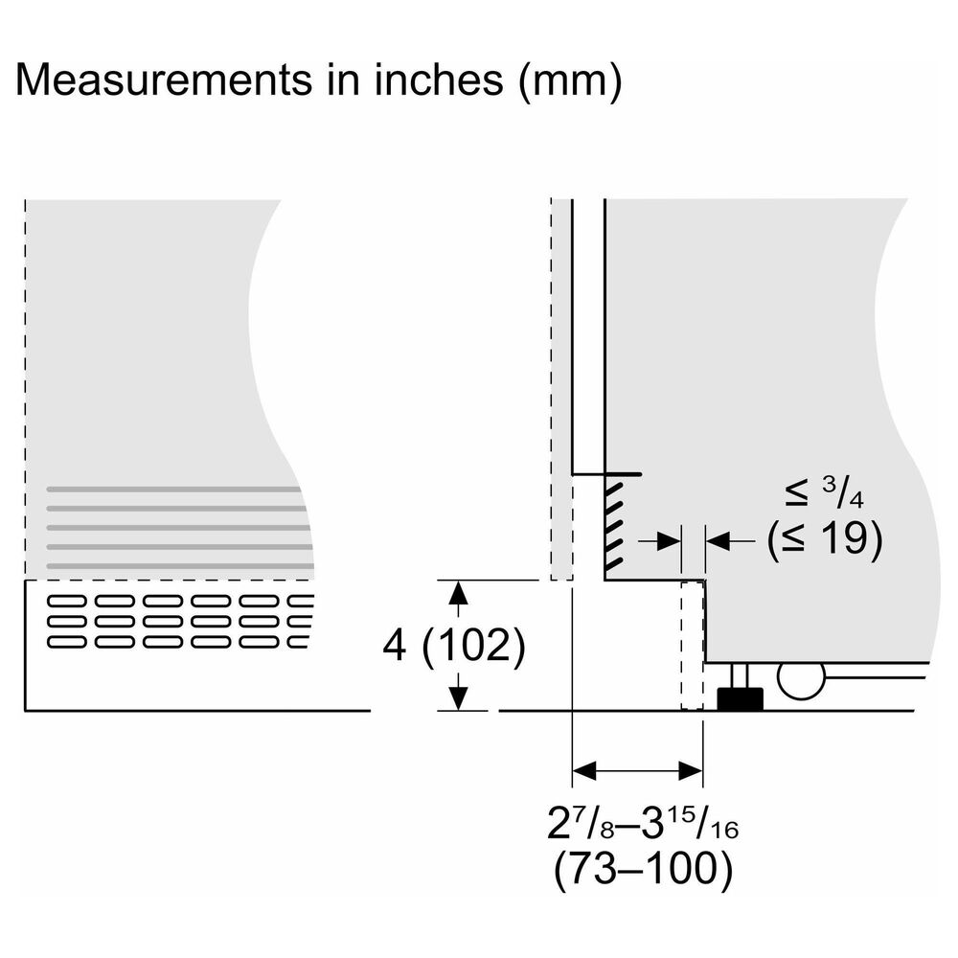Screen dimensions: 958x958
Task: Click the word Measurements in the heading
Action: click(x=163, y=80)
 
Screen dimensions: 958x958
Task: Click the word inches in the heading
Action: click(x=439, y=80)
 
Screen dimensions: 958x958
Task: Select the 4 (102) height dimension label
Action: click(x=453, y=645)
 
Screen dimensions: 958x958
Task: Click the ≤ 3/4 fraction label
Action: click(x=824, y=493)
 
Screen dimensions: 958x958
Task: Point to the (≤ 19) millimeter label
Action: click(x=825, y=538)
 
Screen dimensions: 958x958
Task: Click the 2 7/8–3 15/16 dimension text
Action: click(x=643, y=822)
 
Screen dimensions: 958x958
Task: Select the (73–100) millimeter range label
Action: click(x=643, y=869)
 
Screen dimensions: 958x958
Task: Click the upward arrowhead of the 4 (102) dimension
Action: click(x=458, y=592)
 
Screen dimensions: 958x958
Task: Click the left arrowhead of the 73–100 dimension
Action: click(x=583, y=771)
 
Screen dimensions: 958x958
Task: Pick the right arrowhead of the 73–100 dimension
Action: click(x=691, y=771)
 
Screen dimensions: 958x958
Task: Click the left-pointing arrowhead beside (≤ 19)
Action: click(x=718, y=540)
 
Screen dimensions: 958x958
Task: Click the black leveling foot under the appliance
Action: click(x=740, y=699)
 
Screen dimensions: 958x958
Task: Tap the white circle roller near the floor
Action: click(x=801, y=679)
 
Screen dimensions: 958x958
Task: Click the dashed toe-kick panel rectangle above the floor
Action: click(x=693, y=645)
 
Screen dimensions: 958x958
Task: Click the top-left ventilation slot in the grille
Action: click(x=67, y=602)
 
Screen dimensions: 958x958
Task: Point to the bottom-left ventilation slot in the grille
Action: click(x=67, y=642)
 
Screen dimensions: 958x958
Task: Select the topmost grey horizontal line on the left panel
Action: click(x=174, y=490)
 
